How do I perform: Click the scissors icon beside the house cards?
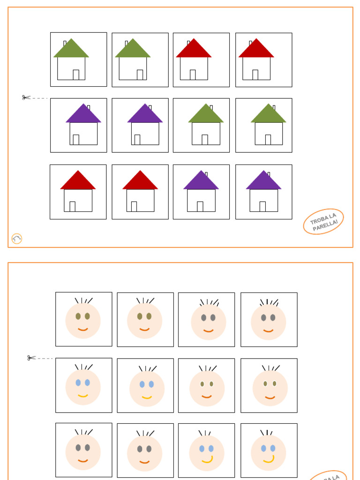pyautogui.click(x=26, y=97)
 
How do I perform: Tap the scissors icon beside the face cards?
pyautogui.click(x=31, y=358)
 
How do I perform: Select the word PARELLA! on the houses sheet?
pyautogui.click(x=325, y=225)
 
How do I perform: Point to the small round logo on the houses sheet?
pyautogui.click(x=17, y=239)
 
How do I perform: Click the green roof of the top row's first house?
pyautogui.click(x=71, y=50)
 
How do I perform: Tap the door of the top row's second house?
pyautogui.click(x=140, y=75)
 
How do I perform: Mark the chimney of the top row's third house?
pyautogui.click(x=188, y=43)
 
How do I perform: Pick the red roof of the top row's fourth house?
pyautogui.click(x=256, y=50)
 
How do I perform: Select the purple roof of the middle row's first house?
pyautogui.click(x=83, y=115)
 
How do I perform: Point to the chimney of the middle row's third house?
pyautogui.click(x=211, y=108)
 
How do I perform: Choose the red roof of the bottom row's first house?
pyautogui.click(x=78, y=181)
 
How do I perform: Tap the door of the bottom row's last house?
pyautogui.click(x=262, y=206)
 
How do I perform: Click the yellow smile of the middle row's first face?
pyautogui.click(x=83, y=396)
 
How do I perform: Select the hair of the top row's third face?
pyautogui.click(x=210, y=302)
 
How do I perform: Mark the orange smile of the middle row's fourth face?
pyautogui.click(x=270, y=397)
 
